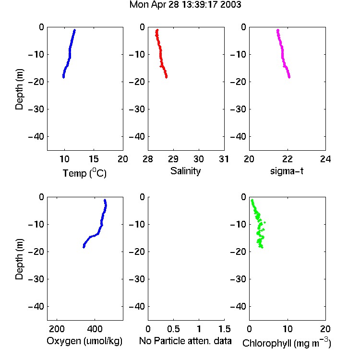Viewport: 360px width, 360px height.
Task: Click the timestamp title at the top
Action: tap(185, 5)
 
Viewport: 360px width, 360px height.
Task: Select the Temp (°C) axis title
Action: tap(84, 173)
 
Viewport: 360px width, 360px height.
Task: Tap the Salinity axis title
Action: tap(185, 171)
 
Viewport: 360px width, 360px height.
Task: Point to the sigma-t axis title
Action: tap(287, 171)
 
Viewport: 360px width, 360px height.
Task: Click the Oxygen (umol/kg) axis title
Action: tap(84, 341)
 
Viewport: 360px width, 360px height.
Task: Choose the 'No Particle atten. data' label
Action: tap(185, 341)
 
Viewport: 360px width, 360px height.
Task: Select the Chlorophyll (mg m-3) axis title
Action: tap(287, 343)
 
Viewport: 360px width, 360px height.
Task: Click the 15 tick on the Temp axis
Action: tap(94, 159)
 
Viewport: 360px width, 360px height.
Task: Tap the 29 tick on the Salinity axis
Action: tap(173, 159)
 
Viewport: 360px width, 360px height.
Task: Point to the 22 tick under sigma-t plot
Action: tap(287, 159)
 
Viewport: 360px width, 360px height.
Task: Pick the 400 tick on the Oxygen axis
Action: tap(95, 329)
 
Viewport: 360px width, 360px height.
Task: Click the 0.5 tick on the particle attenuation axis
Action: tap(173, 329)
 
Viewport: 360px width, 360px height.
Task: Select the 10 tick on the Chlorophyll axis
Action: tap(287, 329)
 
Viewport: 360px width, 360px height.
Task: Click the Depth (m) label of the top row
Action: tap(19, 89)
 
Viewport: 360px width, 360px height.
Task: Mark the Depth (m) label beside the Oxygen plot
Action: tap(19, 259)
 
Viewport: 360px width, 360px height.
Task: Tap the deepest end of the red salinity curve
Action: tap(166, 77)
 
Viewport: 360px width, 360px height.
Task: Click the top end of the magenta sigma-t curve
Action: tap(278, 30)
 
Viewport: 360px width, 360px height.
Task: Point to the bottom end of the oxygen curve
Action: tap(84, 247)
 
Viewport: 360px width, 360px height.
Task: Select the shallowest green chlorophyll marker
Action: tap(252, 200)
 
